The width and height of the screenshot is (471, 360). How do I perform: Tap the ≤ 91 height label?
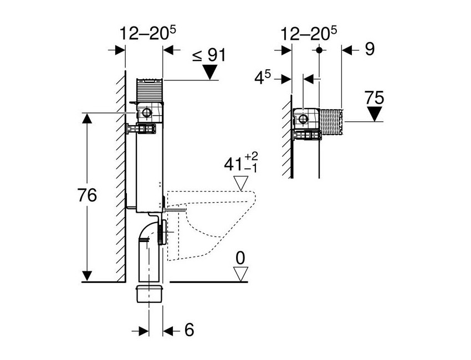tap(209, 55)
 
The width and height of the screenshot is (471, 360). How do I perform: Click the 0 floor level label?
tap(240, 258)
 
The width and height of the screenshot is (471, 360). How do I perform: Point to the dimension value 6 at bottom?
tap(189, 330)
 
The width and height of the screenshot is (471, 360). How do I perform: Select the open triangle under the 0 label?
tap(240, 274)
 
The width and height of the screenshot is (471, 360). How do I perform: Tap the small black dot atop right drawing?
tap(319, 49)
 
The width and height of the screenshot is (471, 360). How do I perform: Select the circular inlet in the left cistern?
tap(146, 112)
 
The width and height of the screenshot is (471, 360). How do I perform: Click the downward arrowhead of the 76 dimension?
tap(87, 276)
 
